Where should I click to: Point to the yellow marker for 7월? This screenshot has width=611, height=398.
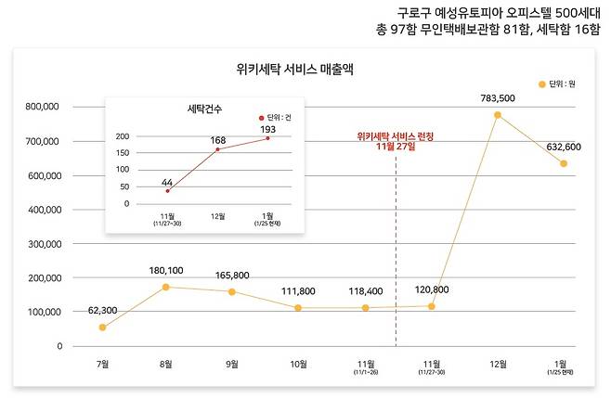(x=102, y=327)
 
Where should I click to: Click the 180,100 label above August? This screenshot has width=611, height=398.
(x=168, y=270)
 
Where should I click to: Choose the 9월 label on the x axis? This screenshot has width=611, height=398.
(x=232, y=364)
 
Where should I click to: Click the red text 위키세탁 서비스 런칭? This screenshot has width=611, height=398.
(x=396, y=135)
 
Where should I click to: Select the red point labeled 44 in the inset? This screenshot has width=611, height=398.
(x=168, y=190)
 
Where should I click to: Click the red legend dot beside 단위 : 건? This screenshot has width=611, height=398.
(x=261, y=118)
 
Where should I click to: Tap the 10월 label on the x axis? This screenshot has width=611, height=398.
(x=298, y=364)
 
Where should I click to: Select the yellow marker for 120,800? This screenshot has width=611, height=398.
(x=432, y=306)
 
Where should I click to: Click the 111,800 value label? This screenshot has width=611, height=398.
(x=299, y=291)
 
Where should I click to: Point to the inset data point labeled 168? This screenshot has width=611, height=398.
(x=218, y=149)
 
